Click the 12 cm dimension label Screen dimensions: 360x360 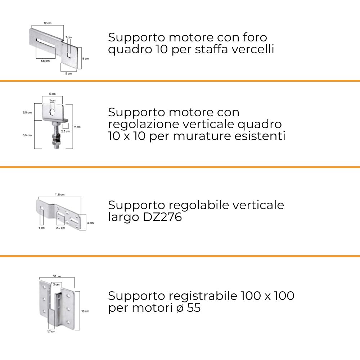pos(48,23)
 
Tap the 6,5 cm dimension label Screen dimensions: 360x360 pos(45,61)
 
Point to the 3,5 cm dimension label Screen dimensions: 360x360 pos(27,112)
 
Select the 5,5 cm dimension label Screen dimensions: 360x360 pos(27,135)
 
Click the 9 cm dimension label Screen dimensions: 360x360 pos(77,127)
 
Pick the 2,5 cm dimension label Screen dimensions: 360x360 pos(66,131)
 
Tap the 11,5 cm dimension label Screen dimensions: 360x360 pos(60,195)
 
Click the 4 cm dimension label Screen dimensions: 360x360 pos(90,223)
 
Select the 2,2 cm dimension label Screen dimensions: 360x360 pos(60,228)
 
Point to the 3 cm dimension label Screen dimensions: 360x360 pos(56,284)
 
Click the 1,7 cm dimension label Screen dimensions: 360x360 pos(51,332)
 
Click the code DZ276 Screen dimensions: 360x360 pos(162,217)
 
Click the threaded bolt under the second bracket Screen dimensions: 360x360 pos(56,135)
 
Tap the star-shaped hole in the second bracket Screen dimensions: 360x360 pos(53,112)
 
